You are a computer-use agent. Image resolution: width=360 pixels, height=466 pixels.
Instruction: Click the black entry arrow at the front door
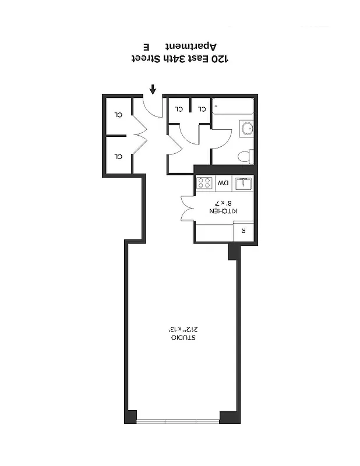(x=153, y=89)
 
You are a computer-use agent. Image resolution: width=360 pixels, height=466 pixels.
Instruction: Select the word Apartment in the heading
(x=192, y=46)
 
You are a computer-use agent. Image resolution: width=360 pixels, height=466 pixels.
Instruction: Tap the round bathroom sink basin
(x=246, y=129)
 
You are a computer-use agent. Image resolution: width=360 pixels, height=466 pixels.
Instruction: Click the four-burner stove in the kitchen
(x=204, y=183)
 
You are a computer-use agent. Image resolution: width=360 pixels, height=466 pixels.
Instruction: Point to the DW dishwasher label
(x=223, y=183)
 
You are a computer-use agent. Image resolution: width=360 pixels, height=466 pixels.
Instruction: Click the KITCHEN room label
(x=223, y=211)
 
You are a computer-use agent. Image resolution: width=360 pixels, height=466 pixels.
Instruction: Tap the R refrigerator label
(x=243, y=230)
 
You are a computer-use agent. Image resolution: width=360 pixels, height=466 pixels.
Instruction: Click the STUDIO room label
(x=183, y=338)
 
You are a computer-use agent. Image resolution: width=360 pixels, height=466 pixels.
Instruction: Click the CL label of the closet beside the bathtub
(x=202, y=108)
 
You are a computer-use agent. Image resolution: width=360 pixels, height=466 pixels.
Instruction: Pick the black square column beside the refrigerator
(x=233, y=252)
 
